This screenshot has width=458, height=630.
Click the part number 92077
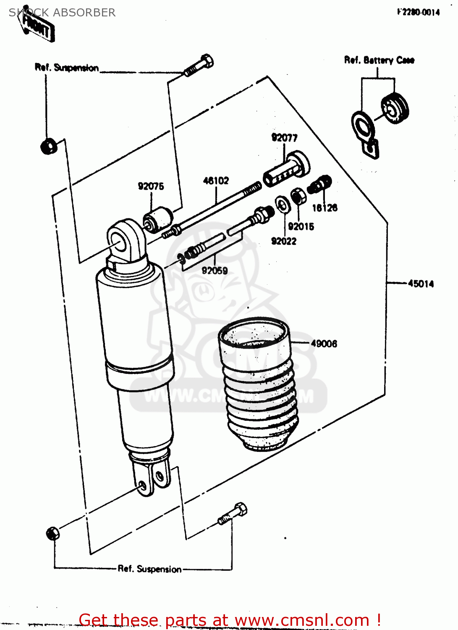[x=284, y=138]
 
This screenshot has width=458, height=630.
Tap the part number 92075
[x=151, y=186]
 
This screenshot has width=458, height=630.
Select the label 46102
[x=216, y=181]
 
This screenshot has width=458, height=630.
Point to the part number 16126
[x=325, y=208]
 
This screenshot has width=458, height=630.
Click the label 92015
[x=301, y=227]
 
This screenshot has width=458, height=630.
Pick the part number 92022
[x=283, y=241]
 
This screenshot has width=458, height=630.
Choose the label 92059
[x=215, y=271]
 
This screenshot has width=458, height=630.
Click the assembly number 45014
[x=421, y=284]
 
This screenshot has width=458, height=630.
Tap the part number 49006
[x=324, y=344]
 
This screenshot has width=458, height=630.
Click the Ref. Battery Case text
[x=379, y=60]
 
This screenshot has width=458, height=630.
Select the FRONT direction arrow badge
[x=38, y=28]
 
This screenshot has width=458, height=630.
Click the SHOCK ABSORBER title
[x=62, y=13]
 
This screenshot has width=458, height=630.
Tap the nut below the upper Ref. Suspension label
[x=49, y=146]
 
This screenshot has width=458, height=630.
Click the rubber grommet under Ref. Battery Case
[x=395, y=108]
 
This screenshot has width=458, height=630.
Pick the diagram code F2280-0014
[x=418, y=12]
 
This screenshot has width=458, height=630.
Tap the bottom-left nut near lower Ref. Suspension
[x=52, y=533]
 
